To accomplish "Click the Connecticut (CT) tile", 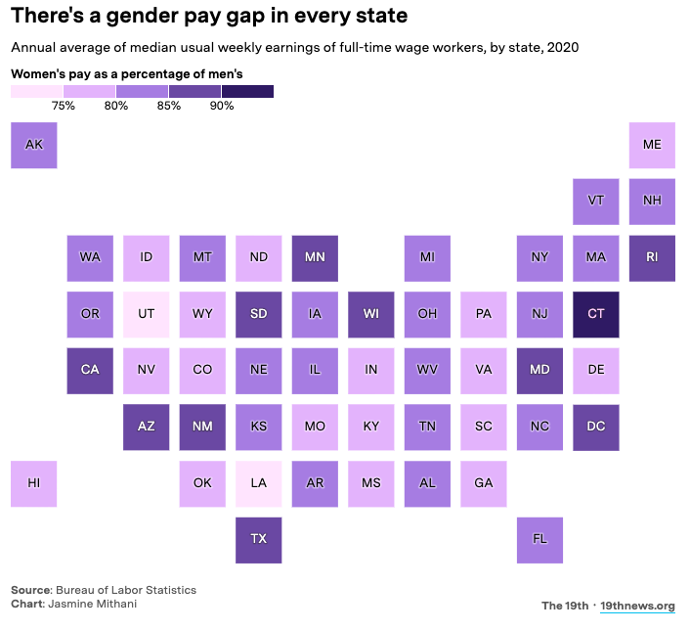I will click(596, 314).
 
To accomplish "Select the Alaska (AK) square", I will click(34, 145).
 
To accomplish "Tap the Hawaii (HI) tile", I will click(34, 483).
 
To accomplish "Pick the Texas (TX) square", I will click(259, 540).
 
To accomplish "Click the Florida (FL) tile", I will click(539, 540).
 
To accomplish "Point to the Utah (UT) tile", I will click(147, 314).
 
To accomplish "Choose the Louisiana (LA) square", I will click(259, 483).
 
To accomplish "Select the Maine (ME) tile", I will click(652, 145).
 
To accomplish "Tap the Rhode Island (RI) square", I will click(652, 257).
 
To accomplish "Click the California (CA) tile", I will click(90, 370).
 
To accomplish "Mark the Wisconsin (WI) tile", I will click(371, 314).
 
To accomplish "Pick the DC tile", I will click(596, 427).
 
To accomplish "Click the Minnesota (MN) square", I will click(315, 257).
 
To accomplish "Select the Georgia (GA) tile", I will click(484, 483).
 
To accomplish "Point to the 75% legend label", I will click(64, 106).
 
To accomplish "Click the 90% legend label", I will click(221, 106).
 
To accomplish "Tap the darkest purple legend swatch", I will click(247, 91).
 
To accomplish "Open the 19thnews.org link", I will click(637, 606).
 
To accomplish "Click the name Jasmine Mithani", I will click(96, 604).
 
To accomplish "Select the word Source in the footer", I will click(29, 590).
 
